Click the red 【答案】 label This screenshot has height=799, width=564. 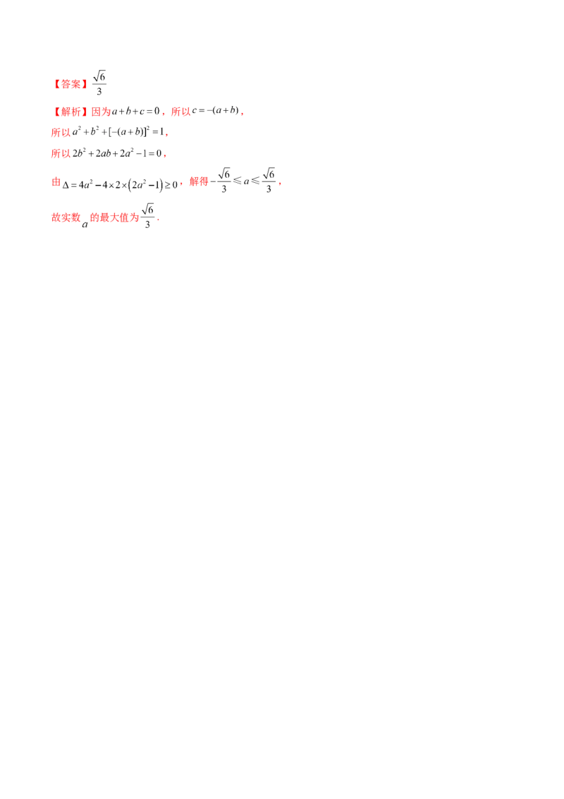[71, 85]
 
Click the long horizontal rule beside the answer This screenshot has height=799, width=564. [331, 92]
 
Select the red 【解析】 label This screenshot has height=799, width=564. [69, 112]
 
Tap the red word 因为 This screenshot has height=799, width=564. [102, 112]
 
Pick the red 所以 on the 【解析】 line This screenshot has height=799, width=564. [180, 112]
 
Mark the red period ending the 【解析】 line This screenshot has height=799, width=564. [244, 113]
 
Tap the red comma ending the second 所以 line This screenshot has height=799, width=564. [166, 133]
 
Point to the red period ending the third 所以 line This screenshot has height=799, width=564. [167, 154]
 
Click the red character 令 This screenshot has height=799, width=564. [56, 181]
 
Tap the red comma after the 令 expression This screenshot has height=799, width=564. [182, 184]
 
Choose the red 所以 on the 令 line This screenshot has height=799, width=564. [198, 181]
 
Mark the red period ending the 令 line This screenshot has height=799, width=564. [280, 184]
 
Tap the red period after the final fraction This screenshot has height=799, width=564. [160, 221]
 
